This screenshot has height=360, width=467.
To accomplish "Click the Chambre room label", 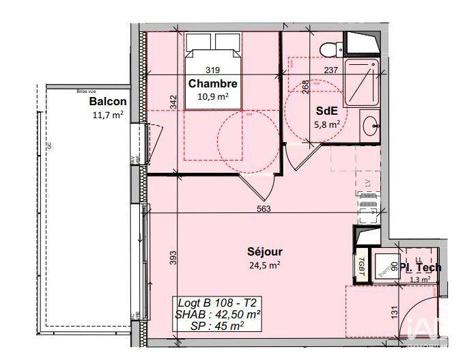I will point(213,85).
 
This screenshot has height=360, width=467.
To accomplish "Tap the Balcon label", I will point(108,102).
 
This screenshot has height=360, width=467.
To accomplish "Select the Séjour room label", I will point(265,252).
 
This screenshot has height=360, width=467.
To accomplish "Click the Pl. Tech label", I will point(421,267).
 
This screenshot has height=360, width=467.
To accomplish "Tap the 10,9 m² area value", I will point(212,97).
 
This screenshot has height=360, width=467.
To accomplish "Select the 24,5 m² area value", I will point(265,265).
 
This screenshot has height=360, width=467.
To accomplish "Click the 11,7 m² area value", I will point(107,115).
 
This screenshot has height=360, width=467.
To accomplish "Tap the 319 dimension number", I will point(213,70).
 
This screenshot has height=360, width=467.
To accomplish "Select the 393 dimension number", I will point(173,257).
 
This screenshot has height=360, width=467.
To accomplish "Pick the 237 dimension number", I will point(331,70).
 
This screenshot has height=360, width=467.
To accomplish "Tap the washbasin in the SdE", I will point(371,125).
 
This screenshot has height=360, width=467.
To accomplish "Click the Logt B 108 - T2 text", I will point(217,303).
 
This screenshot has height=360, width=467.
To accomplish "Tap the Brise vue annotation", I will point(87,89).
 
